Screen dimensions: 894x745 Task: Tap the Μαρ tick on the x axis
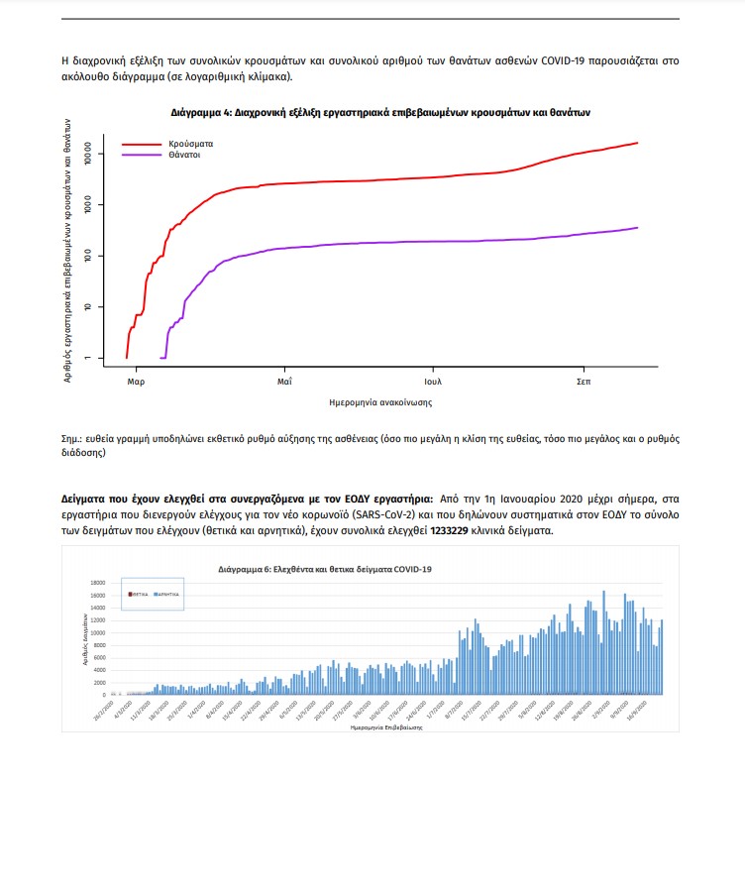(137, 381)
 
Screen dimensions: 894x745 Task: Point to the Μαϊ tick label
(284, 381)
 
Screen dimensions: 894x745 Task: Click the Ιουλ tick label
(433, 381)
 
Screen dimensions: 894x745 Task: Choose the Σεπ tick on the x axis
(584, 381)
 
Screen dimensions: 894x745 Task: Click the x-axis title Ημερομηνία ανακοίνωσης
(379, 403)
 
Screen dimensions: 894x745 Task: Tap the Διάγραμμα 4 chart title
(381, 113)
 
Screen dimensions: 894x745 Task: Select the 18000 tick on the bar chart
(98, 583)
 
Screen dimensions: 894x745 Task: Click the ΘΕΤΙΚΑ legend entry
(140, 593)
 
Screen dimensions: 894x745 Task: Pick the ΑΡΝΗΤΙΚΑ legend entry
(167, 593)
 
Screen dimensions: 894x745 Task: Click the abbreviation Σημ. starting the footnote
(72, 437)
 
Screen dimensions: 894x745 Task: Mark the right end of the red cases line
(637, 143)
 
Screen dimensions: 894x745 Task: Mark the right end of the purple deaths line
(637, 228)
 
